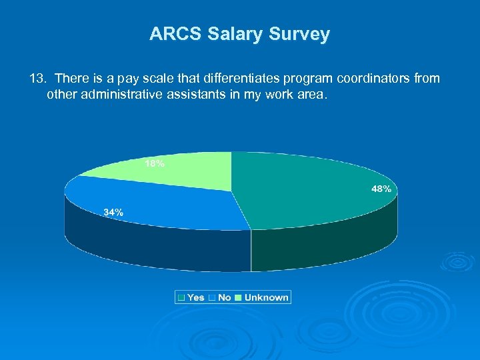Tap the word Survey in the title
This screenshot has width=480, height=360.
pos(303,34)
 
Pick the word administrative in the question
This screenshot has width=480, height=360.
pos(117,95)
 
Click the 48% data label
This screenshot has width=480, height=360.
pos(381,189)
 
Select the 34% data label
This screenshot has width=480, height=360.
pos(113,212)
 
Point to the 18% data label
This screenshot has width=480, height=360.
pos(155,163)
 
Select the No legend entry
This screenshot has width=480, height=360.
pos(225,297)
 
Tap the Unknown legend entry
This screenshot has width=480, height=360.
pos(266,297)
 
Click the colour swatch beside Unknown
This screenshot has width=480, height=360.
pos(239,297)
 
